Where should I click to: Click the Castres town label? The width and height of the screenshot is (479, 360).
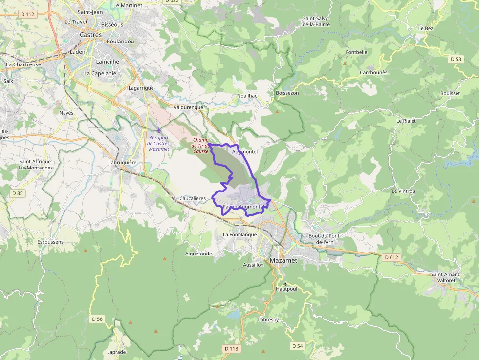(x=91, y=35)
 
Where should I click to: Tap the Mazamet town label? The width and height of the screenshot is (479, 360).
(x=283, y=261)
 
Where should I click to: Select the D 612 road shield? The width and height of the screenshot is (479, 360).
(x=392, y=257)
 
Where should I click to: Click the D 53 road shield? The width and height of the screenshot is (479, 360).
(x=456, y=59)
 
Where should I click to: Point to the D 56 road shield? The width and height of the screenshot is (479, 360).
(x=97, y=319)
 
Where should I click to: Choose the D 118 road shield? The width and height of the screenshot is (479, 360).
(x=232, y=349)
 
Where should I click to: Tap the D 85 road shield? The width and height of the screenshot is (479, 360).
(x=17, y=193)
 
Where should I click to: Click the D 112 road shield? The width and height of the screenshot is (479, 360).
(x=28, y=14)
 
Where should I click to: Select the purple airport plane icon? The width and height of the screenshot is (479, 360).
(x=158, y=130)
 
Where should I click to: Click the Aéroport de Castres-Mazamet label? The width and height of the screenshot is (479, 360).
(x=159, y=143)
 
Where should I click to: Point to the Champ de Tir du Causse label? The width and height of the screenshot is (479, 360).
(x=200, y=145)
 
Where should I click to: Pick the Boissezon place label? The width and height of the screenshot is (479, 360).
(x=287, y=93)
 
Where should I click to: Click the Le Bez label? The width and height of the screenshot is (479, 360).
(x=425, y=28)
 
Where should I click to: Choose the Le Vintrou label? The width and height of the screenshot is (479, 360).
(x=403, y=191)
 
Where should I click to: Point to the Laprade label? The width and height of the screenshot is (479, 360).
(x=116, y=352)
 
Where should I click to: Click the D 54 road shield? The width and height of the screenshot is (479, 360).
(x=297, y=346)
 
